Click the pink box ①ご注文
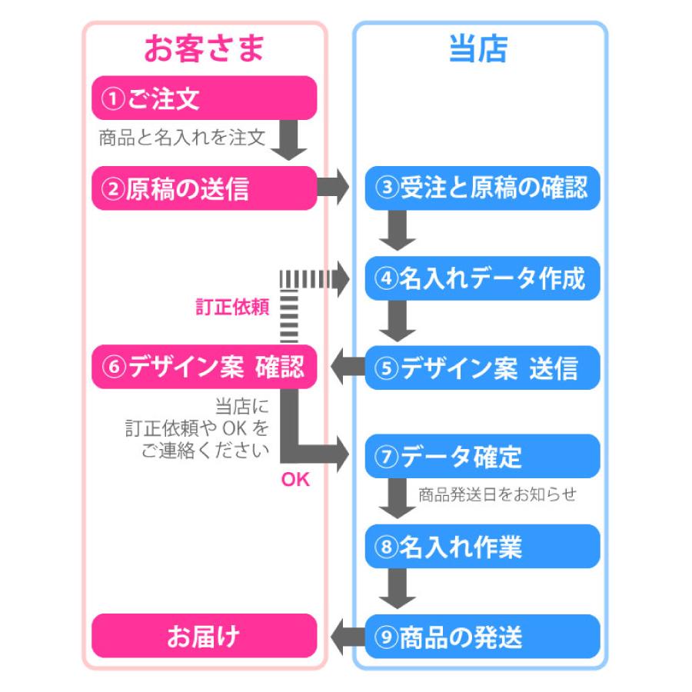[x=205, y=98]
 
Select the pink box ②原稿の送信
[x=205, y=188]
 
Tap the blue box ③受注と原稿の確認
[x=481, y=188]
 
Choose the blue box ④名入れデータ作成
[x=481, y=278]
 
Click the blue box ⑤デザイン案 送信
[x=481, y=368]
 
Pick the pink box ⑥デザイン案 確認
[x=205, y=368]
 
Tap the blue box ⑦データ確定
[x=481, y=457]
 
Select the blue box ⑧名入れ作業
[x=481, y=547]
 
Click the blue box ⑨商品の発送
[x=481, y=636]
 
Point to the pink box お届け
[x=205, y=636]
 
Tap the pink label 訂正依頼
[x=232, y=308]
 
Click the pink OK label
[x=295, y=480]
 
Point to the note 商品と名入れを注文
[x=181, y=138]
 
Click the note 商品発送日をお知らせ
[x=497, y=494]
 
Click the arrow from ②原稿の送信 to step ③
[x=334, y=188]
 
